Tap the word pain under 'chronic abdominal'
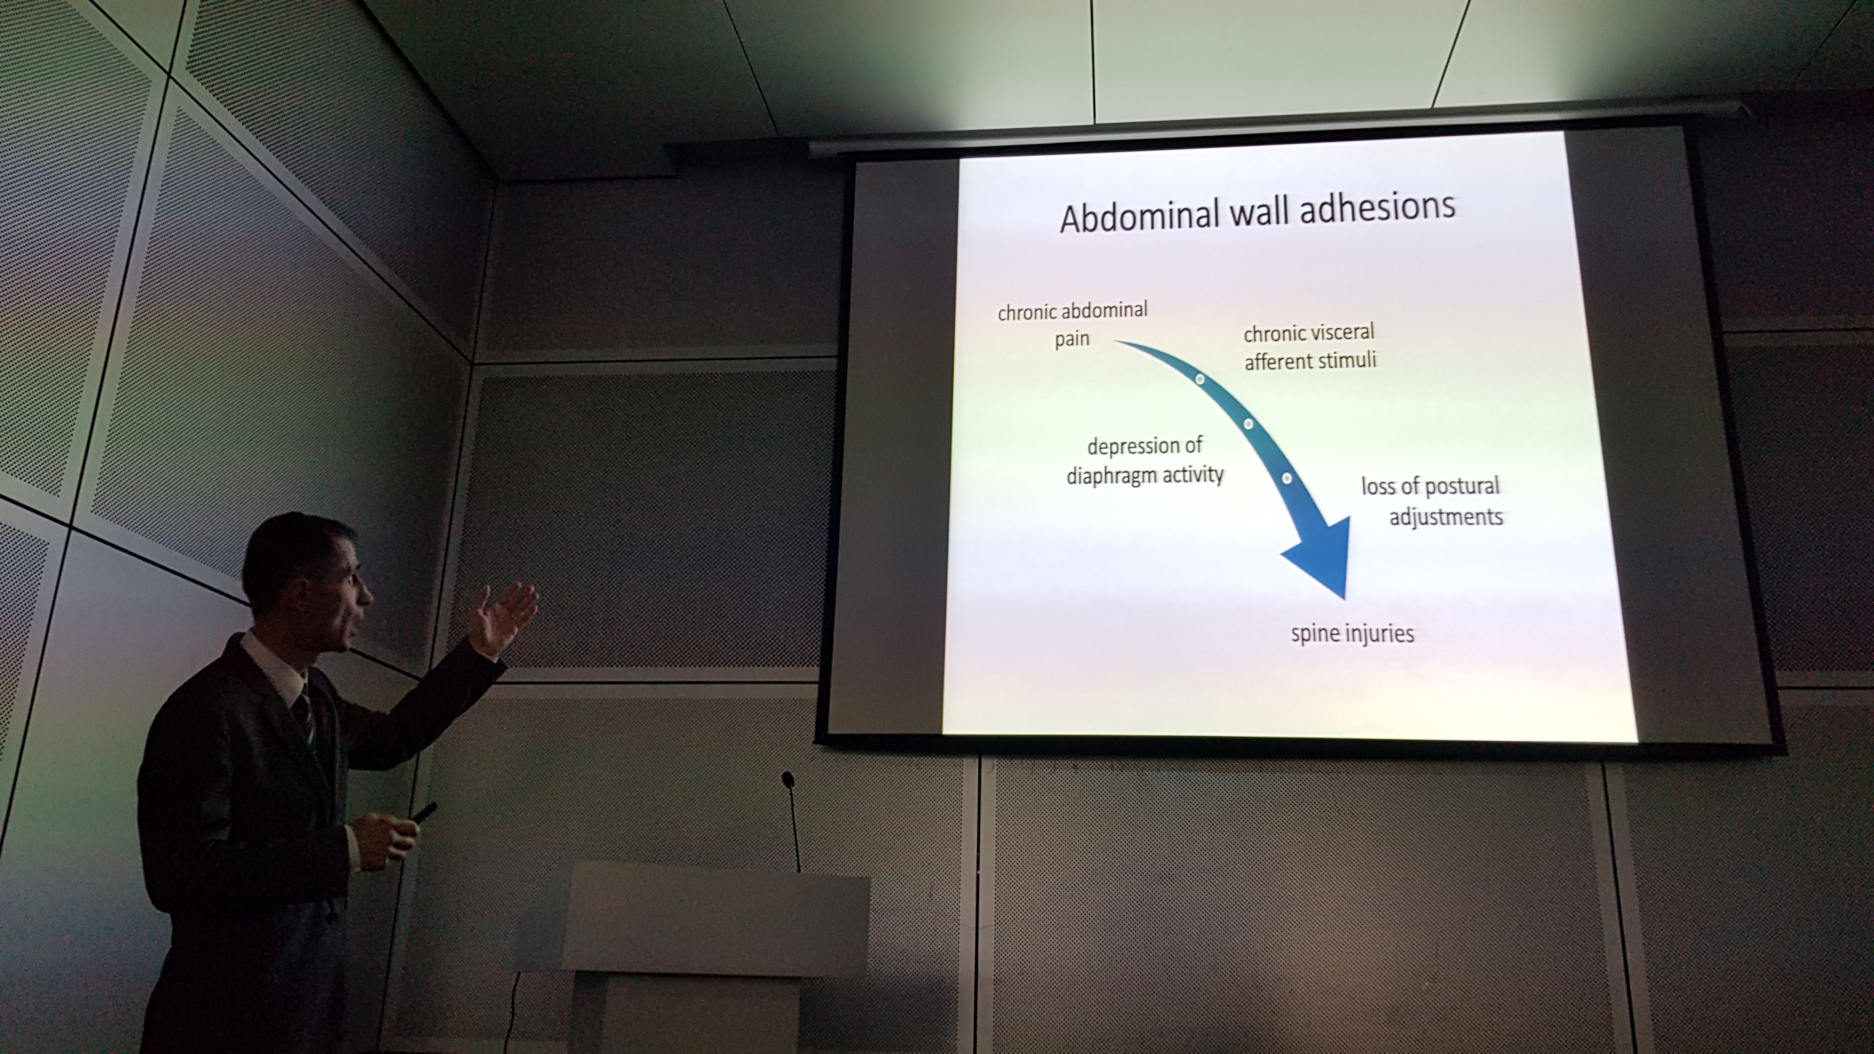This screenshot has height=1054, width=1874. point(1072,339)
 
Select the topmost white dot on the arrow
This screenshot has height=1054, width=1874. point(1200,379)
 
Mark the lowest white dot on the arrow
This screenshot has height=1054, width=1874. point(1286,478)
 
